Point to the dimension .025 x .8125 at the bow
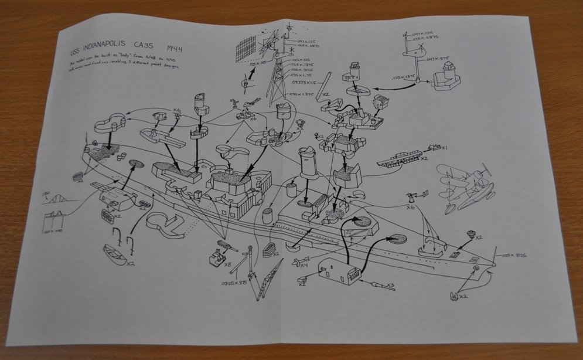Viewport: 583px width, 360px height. pyautogui.click(x=516, y=256)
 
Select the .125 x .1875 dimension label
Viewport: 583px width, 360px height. pyautogui.click(x=403, y=77)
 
